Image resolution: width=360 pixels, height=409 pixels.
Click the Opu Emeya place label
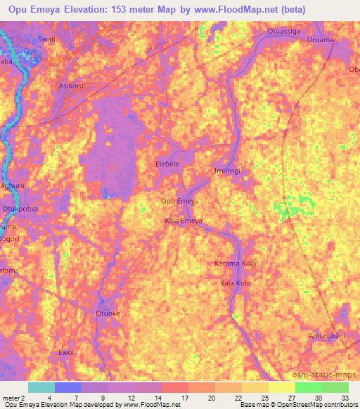click(180, 202)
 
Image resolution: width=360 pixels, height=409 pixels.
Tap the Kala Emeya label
click(184, 221)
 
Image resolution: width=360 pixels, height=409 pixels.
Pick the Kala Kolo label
click(236, 283)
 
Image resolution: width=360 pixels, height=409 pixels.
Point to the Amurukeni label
click(327, 337)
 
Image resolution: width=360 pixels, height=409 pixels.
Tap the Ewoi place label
click(66, 352)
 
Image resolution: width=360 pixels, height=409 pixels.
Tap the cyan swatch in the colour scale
click(41, 387)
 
